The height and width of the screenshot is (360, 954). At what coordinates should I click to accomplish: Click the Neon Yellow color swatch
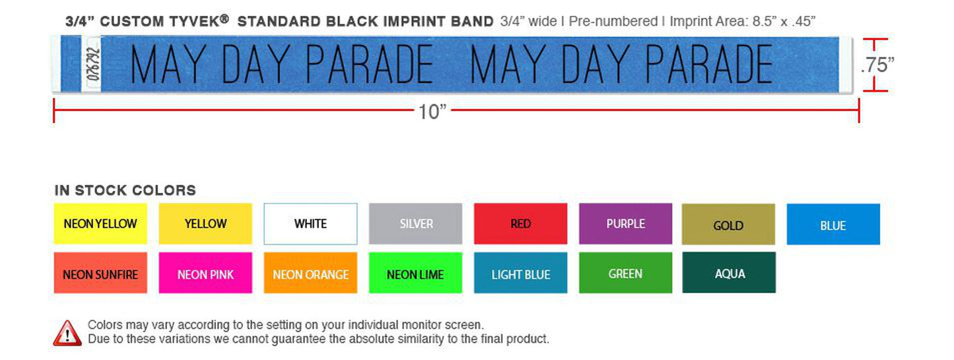pyautogui.click(x=100, y=224)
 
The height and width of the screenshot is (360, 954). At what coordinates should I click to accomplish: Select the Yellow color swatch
pyautogui.click(x=205, y=224)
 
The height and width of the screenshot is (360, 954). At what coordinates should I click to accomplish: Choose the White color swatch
pyautogui.click(x=310, y=224)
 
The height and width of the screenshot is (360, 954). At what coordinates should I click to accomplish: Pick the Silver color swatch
pyautogui.click(x=415, y=224)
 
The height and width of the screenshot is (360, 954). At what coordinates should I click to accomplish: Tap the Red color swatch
pyautogui.click(x=520, y=224)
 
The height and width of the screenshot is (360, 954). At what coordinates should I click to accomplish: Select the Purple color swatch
pyautogui.click(x=625, y=224)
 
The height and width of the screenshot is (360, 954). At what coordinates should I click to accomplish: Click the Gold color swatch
pyautogui.click(x=728, y=225)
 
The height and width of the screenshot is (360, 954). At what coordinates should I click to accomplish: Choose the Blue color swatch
pyautogui.click(x=833, y=225)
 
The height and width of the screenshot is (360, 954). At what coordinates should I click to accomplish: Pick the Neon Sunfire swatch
pyautogui.click(x=100, y=273)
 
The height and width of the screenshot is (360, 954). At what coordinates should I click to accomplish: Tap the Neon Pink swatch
pyautogui.click(x=205, y=273)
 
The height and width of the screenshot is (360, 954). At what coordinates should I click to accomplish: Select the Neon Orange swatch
pyautogui.click(x=310, y=273)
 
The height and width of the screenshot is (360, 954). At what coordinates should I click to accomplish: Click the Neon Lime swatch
pyautogui.click(x=415, y=273)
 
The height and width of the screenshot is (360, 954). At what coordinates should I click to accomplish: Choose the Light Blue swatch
pyautogui.click(x=520, y=273)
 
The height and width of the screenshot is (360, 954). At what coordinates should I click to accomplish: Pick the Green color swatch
pyautogui.click(x=625, y=272)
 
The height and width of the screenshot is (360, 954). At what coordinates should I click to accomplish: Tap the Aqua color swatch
pyautogui.click(x=729, y=272)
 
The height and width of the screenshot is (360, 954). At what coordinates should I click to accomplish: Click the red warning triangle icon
pyautogui.click(x=67, y=332)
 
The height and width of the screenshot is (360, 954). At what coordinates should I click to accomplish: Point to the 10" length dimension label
pyautogui.click(x=432, y=112)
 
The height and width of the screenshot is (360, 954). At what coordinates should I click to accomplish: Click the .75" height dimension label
pyautogui.click(x=877, y=65)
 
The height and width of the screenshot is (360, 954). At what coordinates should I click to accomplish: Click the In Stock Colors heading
pyautogui.click(x=125, y=190)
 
